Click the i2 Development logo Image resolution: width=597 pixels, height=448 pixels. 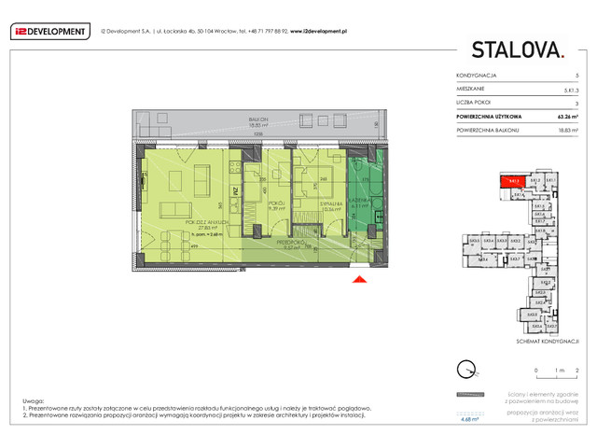(49, 31)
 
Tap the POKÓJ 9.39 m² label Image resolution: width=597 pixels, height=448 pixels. (276, 205)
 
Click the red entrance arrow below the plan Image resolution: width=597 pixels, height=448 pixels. (357, 277)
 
